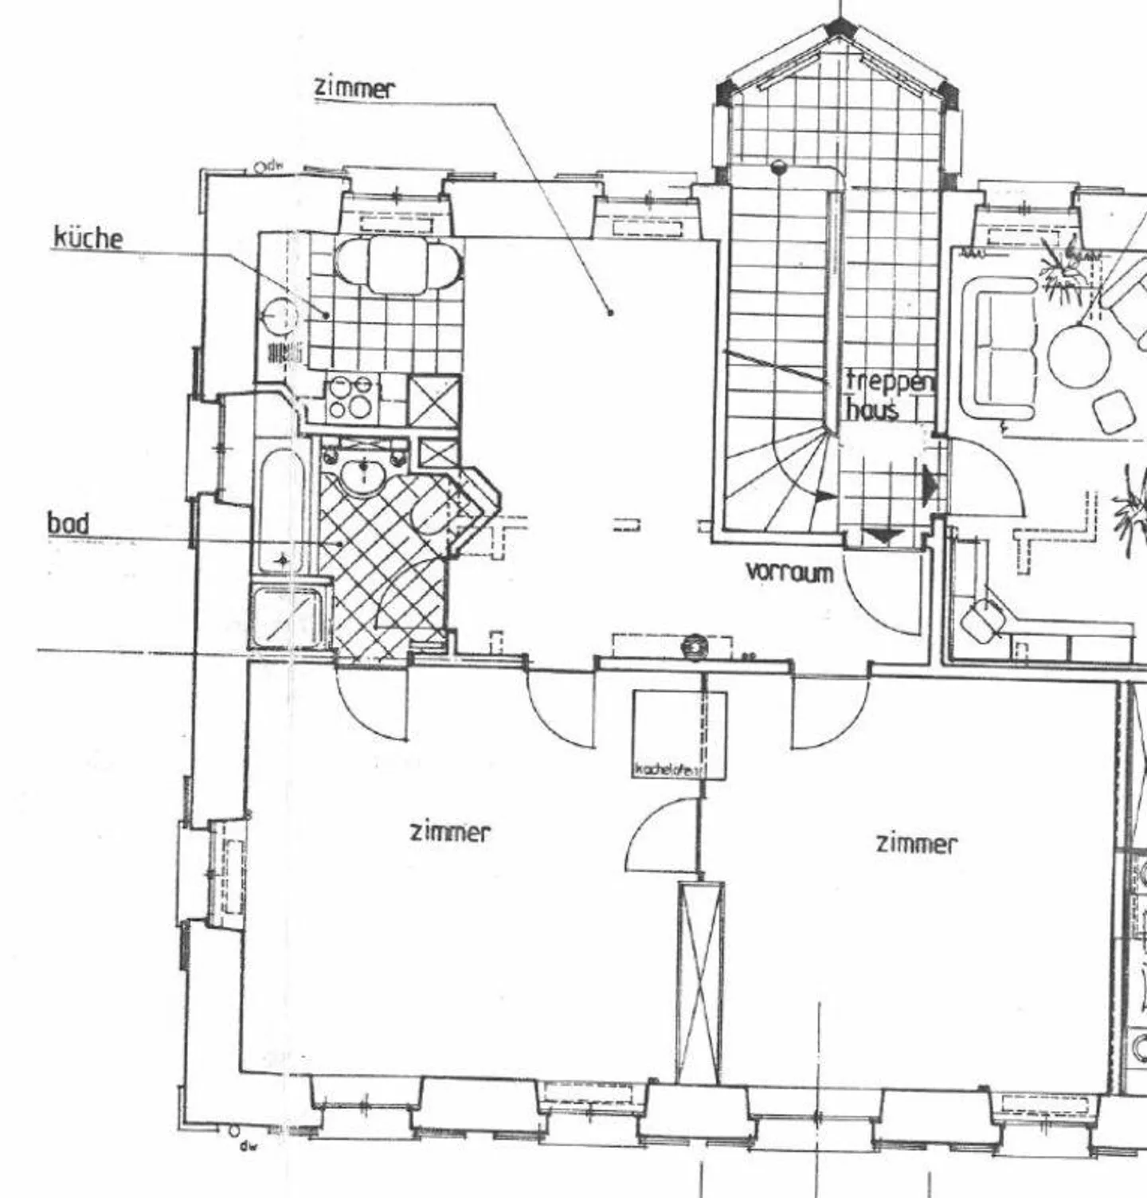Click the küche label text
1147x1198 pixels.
[88, 237]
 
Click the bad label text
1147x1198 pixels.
[68, 523]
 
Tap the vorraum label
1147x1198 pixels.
[789, 571]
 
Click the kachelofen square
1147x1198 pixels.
[679, 734]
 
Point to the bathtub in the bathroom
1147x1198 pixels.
[280, 511]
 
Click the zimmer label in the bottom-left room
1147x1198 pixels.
[450, 832]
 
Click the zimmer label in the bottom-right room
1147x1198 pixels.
[916, 843]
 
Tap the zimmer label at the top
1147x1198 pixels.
[354, 87]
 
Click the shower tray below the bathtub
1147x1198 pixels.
[288, 616]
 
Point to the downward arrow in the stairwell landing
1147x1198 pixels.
[883, 535]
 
